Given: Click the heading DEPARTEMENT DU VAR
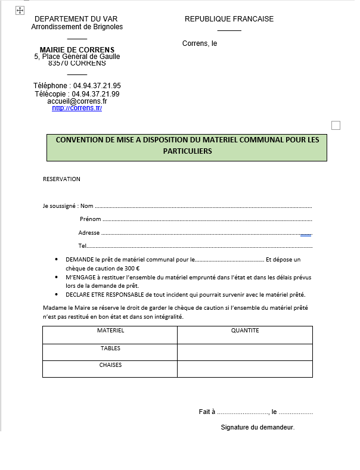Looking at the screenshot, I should [x=76, y=19].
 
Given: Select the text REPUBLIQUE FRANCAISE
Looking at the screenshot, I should [x=229, y=19].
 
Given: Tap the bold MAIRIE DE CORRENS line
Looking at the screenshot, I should [x=77, y=49].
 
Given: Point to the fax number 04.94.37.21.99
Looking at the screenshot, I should [x=97, y=94].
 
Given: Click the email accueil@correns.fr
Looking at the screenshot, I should [x=77, y=101].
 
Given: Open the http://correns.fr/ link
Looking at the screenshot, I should [x=77, y=108].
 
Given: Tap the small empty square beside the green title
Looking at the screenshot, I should [x=336, y=125].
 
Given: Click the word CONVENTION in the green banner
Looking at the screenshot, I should [x=78, y=140].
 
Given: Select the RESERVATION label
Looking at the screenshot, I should [x=61, y=179].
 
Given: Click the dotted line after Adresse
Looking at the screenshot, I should [x=203, y=234].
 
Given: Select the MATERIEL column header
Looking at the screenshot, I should [x=110, y=331].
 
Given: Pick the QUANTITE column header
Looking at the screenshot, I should [x=245, y=331].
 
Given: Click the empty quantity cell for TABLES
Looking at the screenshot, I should [x=245, y=352].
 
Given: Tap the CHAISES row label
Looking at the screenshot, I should [x=110, y=365].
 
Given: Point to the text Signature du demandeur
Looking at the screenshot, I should [x=257, y=428].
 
